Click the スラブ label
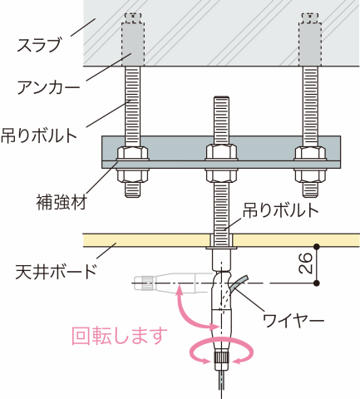[39, 45]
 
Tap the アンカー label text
[48, 87]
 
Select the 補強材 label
[62, 202]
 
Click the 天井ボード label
[56, 272]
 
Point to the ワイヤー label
[293, 321]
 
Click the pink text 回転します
[120, 336]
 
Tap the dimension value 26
[305, 264]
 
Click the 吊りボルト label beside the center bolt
[280, 210]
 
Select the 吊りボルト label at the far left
[39, 135]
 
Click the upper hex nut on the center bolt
[221, 152]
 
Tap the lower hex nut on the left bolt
[133, 175]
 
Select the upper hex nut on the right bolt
[310, 152]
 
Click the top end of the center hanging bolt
[221, 96]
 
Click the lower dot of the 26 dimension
[317, 283]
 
